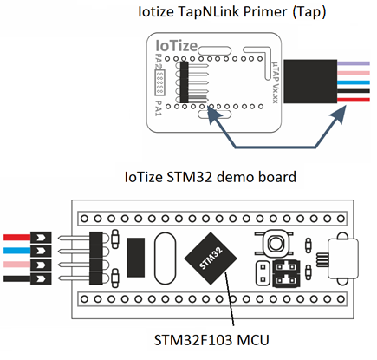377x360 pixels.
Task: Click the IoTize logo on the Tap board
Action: (x=176, y=46)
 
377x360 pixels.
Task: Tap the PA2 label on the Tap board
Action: (x=159, y=61)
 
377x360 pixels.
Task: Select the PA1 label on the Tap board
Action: (x=159, y=108)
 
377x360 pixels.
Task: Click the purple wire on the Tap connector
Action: (x=354, y=63)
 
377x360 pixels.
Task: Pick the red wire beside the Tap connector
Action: (x=354, y=100)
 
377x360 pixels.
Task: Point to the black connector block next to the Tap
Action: (x=310, y=82)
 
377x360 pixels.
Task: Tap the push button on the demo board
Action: (x=274, y=243)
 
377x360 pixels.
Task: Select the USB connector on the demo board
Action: (x=342, y=259)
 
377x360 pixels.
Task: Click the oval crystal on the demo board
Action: (x=165, y=259)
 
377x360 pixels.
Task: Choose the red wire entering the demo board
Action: (x=17, y=238)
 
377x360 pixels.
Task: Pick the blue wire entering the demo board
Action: (x=17, y=251)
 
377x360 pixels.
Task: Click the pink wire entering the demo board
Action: (x=17, y=265)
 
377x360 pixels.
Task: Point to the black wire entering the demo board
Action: (x=17, y=278)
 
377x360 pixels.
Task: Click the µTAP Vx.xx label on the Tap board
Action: (x=276, y=82)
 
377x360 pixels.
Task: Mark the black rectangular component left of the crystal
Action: (x=136, y=258)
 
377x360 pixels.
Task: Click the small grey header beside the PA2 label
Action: (x=159, y=82)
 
